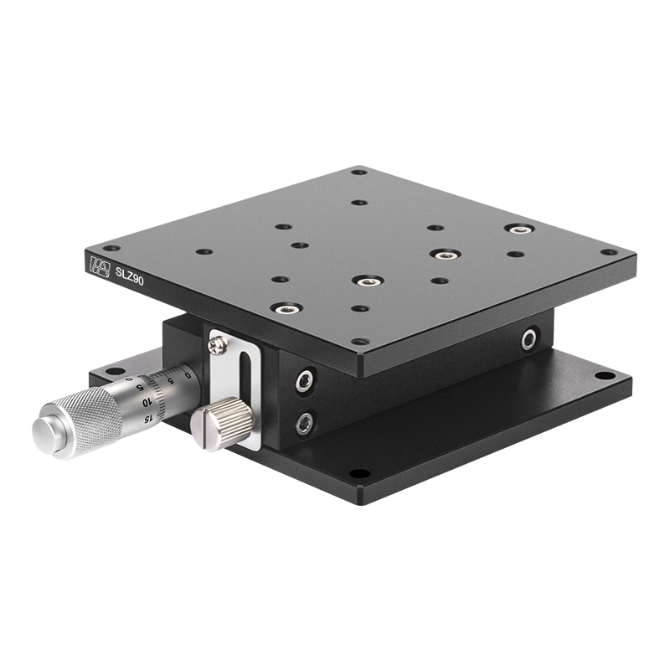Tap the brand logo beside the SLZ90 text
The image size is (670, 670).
click(x=100, y=265)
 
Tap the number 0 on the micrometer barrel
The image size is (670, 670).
click(x=188, y=374)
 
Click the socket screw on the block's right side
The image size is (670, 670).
click(x=529, y=339)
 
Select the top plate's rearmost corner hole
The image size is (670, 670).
click(x=358, y=172)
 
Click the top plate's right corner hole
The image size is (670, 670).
click(x=610, y=251)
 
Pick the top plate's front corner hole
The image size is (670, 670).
click(x=359, y=342)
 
